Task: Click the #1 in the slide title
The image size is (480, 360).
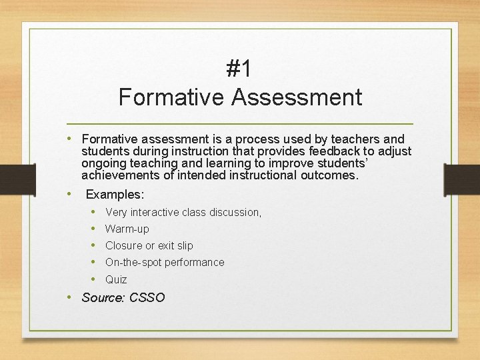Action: [x=239, y=69]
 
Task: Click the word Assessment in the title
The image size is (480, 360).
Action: [x=297, y=97]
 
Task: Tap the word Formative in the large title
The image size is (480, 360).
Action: [x=172, y=97]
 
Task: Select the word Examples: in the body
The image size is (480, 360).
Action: [x=115, y=195]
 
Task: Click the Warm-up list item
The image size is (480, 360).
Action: [x=127, y=229]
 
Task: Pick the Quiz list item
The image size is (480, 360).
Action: [x=116, y=279]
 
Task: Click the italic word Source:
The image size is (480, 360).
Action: [x=103, y=298]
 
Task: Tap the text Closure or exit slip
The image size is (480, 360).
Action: [x=149, y=245]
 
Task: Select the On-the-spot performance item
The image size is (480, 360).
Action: [x=165, y=262]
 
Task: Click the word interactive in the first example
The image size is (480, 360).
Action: [x=159, y=212]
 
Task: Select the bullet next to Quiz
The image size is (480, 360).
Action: [x=94, y=279]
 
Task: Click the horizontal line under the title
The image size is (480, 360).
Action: [x=240, y=125]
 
